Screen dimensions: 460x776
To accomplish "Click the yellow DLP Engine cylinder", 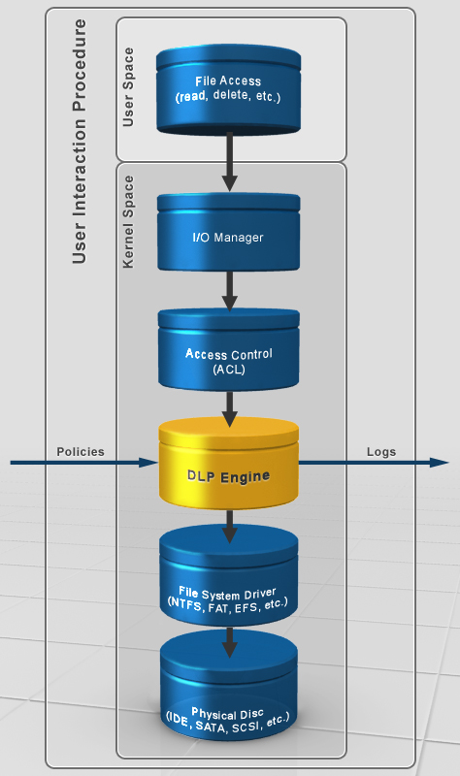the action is tap(229, 464).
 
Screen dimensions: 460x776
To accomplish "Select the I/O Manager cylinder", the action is tap(229, 232).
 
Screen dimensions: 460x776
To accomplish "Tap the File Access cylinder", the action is tap(229, 89).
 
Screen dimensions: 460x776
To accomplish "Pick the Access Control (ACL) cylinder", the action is tap(229, 350).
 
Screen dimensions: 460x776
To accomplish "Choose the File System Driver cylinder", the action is tap(229, 577).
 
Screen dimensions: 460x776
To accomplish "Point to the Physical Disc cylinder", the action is tap(229, 691).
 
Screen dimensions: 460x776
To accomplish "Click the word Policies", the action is tap(81, 452).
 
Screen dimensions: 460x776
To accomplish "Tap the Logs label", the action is tap(381, 452).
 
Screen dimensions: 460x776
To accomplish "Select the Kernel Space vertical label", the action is tap(128, 222).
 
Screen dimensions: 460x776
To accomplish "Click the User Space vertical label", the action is tap(128, 87).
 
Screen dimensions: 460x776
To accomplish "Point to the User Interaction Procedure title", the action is tap(80, 142).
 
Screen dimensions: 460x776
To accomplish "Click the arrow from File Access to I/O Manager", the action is tap(229, 161).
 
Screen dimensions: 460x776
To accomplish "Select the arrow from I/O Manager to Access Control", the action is tap(229, 290).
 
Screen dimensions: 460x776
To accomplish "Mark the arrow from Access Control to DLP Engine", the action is tap(229, 409).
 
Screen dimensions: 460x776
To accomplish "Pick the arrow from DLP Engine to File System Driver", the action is tap(229, 527).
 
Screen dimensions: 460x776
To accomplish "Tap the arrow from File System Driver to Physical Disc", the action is tap(229, 642).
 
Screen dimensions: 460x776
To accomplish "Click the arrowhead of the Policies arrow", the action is tap(148, 463).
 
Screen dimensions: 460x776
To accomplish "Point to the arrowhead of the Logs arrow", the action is tap(440, 463).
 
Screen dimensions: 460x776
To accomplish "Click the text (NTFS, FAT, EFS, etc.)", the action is tap(228, 604).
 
